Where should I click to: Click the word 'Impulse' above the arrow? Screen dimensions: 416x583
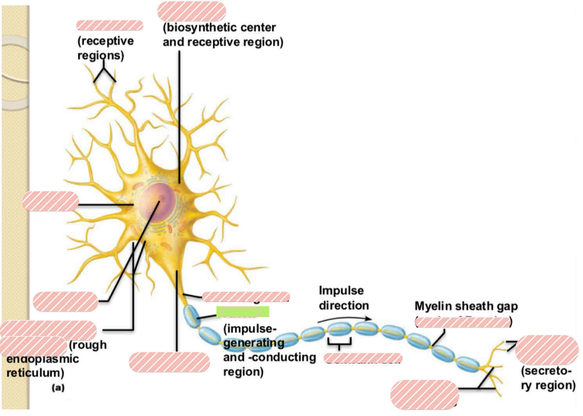(x=341, y=290)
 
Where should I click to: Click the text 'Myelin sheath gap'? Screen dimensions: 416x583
(x=466, y=306)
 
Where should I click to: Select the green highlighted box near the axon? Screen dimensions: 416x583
(x=243, y=312)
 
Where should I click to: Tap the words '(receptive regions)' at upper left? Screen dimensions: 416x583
(x=105, y=48)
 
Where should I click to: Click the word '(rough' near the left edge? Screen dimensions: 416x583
(x=88, y=345)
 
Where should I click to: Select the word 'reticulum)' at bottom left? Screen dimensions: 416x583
(x=35, y=372)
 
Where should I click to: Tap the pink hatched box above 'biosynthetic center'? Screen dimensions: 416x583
(x=191, y=11)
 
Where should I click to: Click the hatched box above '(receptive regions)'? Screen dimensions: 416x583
(x=110, y=26)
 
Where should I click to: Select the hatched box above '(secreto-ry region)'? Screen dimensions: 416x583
(x=546, y=349)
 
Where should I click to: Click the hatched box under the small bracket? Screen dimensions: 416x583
(x=363, y=358)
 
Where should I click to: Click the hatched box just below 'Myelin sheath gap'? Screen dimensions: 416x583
(x=462, y=322)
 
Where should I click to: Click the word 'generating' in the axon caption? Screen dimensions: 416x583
(x=253, y=343)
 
